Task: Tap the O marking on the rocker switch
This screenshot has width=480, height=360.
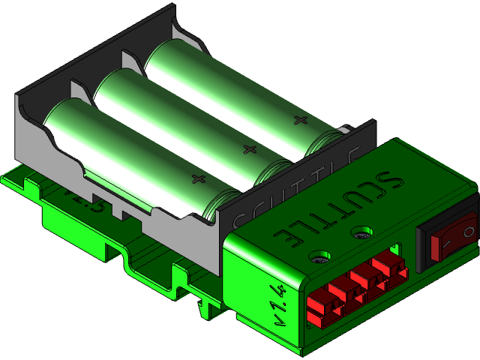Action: click(x=469, y=232)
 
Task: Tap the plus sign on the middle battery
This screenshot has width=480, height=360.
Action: click(x=248, y=148)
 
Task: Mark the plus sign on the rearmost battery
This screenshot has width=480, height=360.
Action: click(x=300, y=120)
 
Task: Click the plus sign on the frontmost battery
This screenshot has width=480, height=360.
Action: click(x=198, y=178)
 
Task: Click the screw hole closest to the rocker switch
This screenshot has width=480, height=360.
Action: click(x=362, y=233)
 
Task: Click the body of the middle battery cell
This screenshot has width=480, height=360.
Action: click(x=180, y=120)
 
